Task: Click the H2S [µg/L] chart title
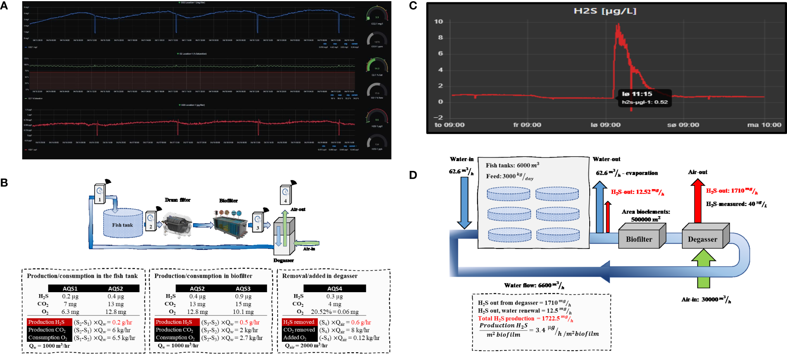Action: point(605,11)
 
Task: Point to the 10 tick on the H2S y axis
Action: point(438,22)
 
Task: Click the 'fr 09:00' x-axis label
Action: point(527,125)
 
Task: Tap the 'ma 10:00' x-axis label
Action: point(764,125)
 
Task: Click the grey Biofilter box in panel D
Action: point(639,239)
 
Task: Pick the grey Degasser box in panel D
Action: point(702,239)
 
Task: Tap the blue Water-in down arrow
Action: point(464,202)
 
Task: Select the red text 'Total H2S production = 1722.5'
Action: point(525,319)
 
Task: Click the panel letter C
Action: point(413,6)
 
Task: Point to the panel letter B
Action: point(4,183)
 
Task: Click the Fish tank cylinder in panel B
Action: point(123,224)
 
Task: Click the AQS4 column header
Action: point(335,288)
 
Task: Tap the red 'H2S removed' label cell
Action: point(299,322)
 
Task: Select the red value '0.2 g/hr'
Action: point(122,322)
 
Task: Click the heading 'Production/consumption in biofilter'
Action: point(203,276)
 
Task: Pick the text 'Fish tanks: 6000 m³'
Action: point(512,165)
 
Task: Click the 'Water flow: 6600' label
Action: point(534,286)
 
